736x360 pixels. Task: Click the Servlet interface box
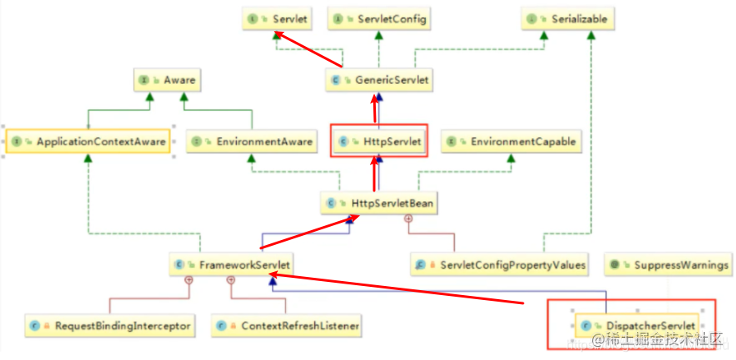point(275,17)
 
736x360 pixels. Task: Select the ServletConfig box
point(379,17)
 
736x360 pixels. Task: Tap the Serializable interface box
point(556,17)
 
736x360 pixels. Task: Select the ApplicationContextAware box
point(88,141)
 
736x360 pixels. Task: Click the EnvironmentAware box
point(252,141)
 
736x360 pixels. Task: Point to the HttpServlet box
point(379,141)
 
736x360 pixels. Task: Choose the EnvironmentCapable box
point(510,141)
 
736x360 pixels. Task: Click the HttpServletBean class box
point(378,201)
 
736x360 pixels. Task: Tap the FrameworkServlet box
point(232,265)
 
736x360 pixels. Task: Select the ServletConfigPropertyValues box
point(502,265)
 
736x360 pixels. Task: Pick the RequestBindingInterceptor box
point(110,325)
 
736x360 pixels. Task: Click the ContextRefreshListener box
point(288,325)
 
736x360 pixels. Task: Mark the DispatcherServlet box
point(637,325)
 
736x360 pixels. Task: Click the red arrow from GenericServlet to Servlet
point(308,49)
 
